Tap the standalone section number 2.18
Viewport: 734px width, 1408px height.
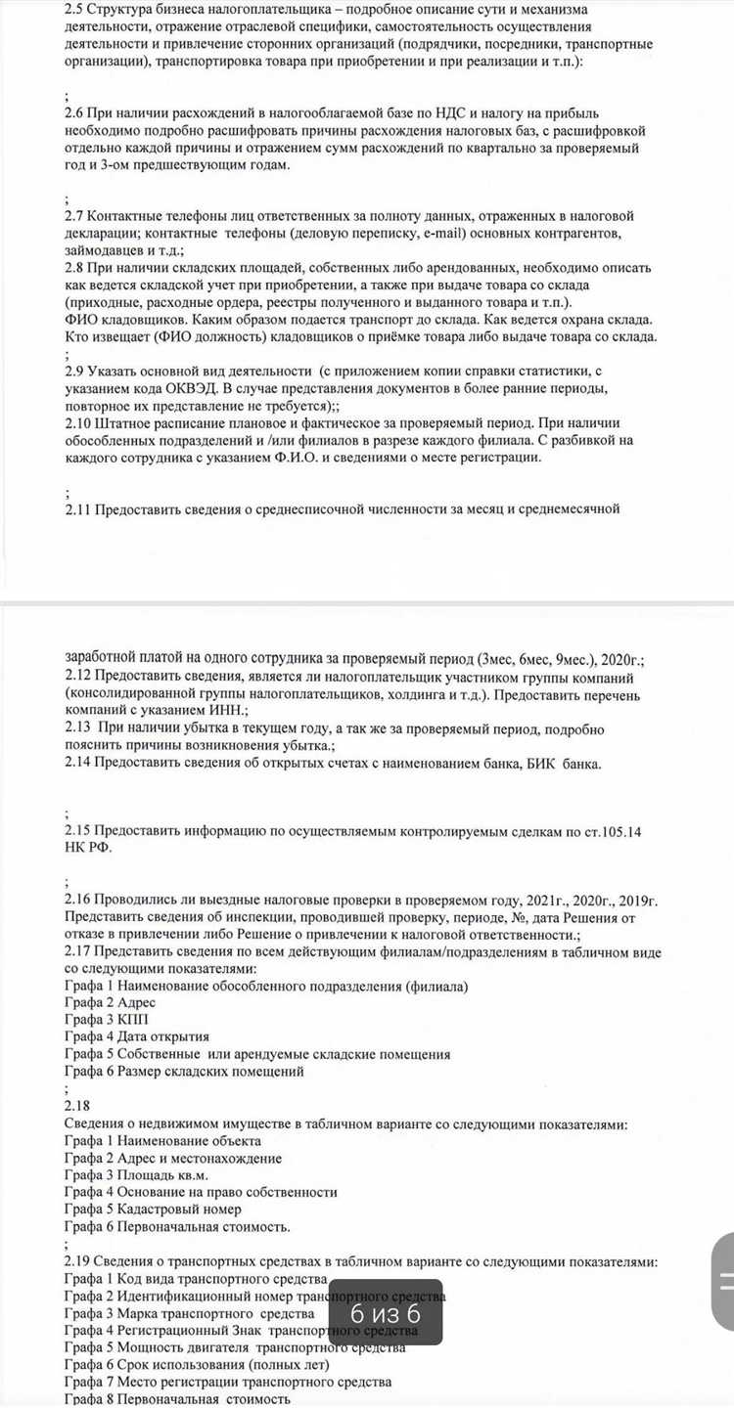tap(77, 1105)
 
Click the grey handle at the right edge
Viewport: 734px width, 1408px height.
tap(723, 1282)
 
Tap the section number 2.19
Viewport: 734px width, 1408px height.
tap(77, 1261)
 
